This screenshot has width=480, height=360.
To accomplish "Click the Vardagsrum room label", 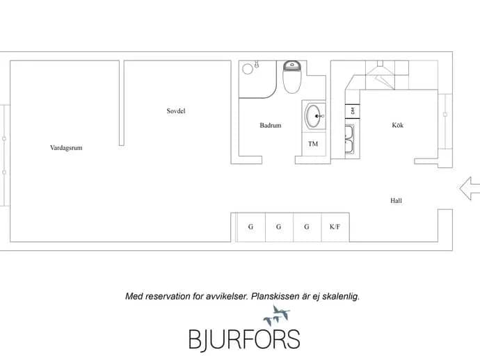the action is tap(66, 148).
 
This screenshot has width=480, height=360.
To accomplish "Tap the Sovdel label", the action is tap(176, 111).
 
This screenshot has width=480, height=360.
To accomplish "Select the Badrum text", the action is tap(271, 125).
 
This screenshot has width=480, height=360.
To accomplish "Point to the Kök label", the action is tap(398, 125).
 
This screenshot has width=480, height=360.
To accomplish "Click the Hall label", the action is tap(396, 201).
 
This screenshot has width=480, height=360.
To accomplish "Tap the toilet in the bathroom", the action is tap(292, 76).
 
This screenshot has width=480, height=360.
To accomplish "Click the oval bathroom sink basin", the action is tap(313, 116).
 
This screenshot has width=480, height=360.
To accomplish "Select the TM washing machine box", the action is tap(314, 144).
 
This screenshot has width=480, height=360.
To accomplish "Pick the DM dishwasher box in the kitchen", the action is tap(353, 111).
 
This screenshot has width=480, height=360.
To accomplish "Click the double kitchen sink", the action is tap(350, 139).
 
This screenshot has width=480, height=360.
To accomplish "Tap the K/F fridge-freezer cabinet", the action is tap(335, 227).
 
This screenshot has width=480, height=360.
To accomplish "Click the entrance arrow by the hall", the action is tap(470, 188).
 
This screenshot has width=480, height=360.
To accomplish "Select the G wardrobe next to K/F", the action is tap(307, 227).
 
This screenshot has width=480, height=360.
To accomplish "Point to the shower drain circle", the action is tap(248, 69).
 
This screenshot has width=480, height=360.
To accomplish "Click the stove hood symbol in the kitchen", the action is tap(381, 74).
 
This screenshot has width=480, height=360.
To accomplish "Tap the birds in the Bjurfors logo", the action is tap(277, 316).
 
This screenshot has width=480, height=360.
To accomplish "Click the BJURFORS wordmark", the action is tap(244, 339).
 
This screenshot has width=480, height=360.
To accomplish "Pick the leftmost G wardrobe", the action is tap(251, 227).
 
